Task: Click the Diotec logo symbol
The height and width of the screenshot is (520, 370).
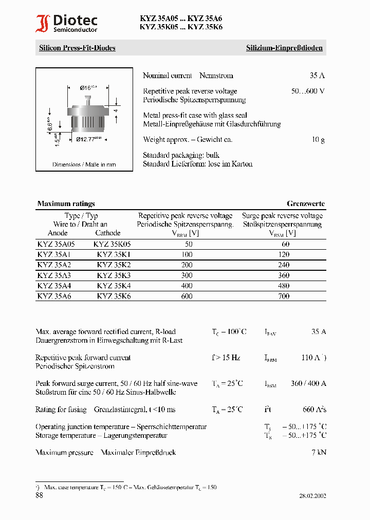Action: (x=43, y=24)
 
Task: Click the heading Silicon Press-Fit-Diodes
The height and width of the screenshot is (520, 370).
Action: (x=77, y=48)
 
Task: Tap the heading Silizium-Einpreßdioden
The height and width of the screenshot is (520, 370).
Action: (x=284, y=48)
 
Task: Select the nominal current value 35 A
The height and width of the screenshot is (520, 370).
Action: (x=317, y=76)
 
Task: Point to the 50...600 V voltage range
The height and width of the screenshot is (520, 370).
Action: (x=308, y=91)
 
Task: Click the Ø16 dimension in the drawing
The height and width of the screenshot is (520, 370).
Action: (x=88, y=88)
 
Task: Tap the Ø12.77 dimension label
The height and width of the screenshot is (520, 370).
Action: (x=88, y=139)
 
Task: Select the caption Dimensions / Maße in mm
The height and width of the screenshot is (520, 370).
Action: (x=84, y=164)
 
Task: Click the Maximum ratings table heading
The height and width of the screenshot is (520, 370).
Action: (x=66, y=203)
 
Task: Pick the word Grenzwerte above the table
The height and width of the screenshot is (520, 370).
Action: (x=306, y=203)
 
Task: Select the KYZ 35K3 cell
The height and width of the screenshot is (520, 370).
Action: (x=114, y=275)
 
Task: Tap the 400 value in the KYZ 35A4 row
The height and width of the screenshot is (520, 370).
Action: (x=187, y=286)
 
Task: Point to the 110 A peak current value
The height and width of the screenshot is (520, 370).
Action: (x=312, y=358)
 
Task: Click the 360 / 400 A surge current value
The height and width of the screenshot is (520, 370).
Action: (x=309, y=383)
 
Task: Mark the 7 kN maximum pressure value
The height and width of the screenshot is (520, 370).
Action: (x=319, y=452)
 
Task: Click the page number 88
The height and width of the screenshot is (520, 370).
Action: (x=40, y=495)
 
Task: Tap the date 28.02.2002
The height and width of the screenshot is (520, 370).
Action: (x=312, y=496)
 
